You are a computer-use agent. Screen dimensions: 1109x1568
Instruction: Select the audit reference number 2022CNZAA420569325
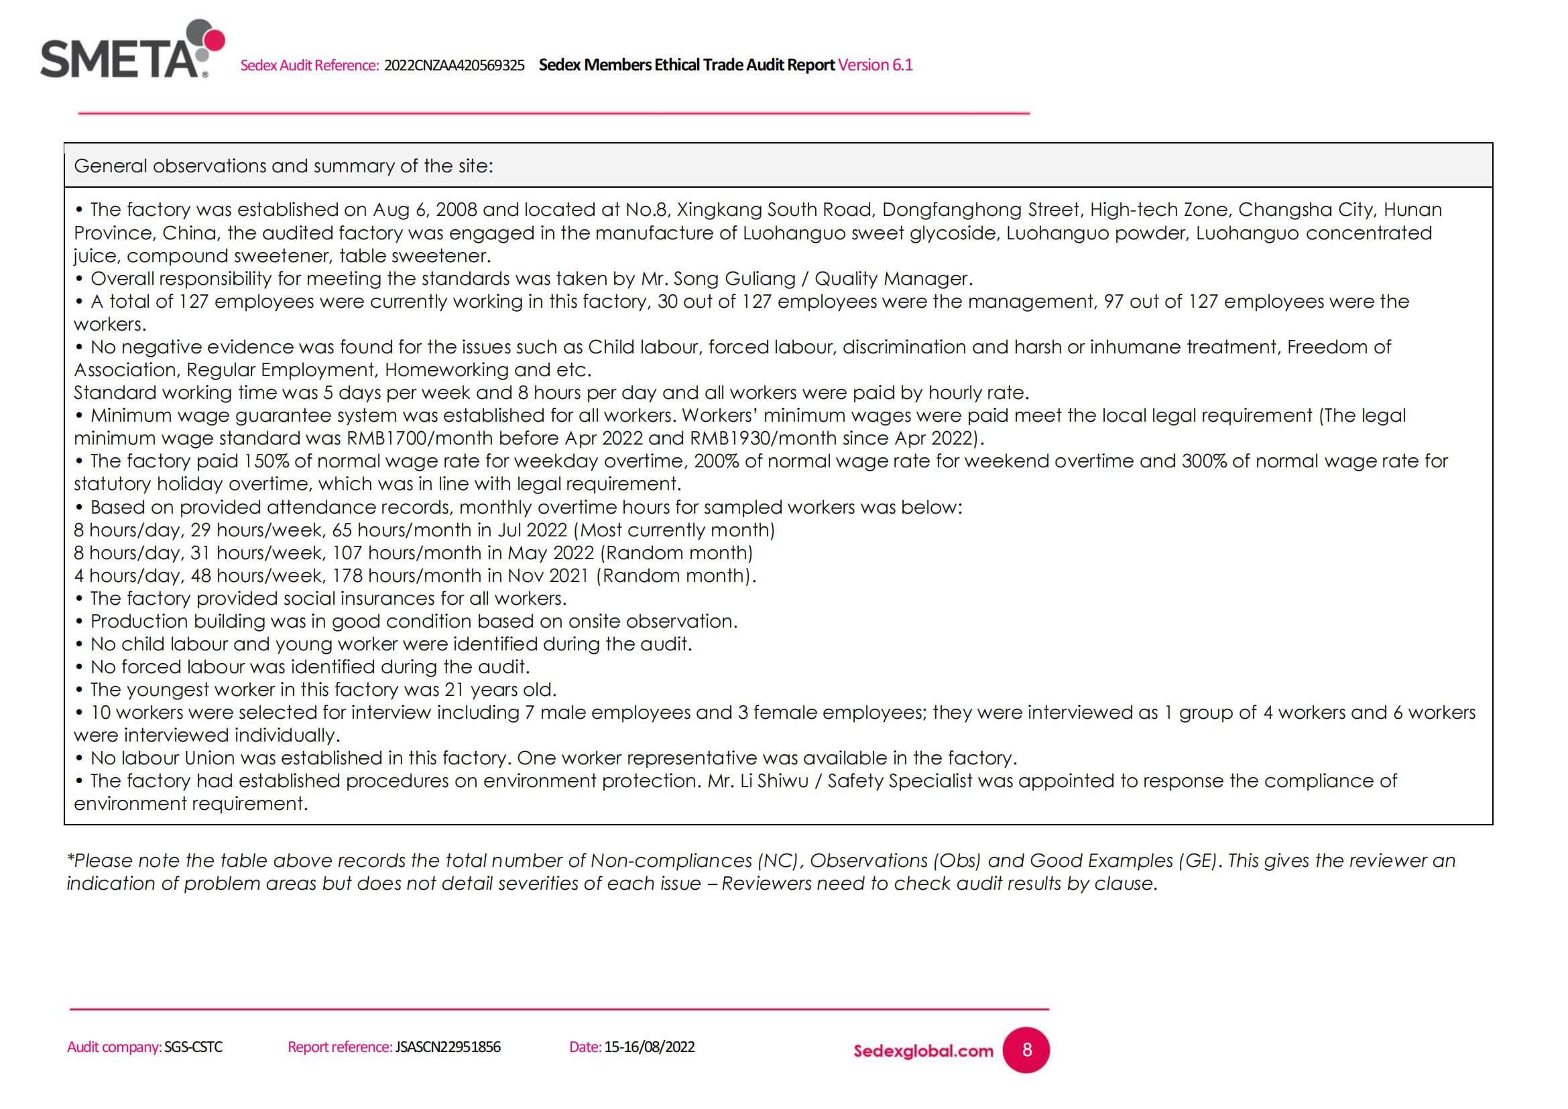coord(454,66)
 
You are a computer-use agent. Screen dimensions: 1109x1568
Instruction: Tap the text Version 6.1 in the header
coord(875,65)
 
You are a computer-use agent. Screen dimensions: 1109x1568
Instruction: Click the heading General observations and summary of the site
coord(283,166)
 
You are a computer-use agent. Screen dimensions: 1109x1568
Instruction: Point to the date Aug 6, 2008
coord(424,210)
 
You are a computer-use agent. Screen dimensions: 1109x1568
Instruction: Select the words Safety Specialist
coord(900,780)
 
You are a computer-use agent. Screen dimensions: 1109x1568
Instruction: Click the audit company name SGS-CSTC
coord(193,1047)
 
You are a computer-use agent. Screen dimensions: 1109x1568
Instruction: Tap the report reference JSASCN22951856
coord(447,1047)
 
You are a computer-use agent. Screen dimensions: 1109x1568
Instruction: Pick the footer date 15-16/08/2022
coord(649,1047)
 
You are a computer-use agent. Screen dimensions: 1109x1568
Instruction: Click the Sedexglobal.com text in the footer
coord(922,1051)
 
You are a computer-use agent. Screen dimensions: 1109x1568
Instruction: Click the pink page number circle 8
coord(1026,1050)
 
